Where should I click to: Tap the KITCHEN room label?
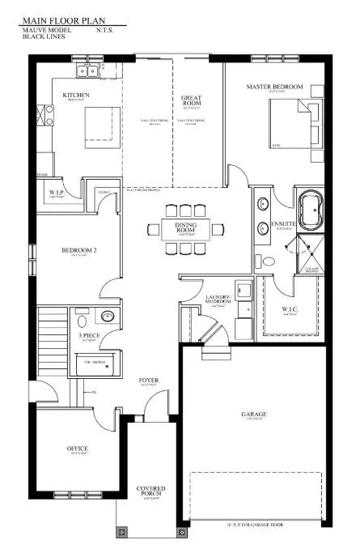(75, 95)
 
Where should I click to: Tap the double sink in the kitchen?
(86, 72)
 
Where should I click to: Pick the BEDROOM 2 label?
(79, 251)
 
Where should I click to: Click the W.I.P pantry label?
(56, 192)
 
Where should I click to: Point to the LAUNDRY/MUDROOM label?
(219, 300)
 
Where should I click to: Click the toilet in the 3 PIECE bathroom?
(107, 317)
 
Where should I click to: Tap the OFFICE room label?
(77, 449)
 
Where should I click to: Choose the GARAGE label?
(253, 415)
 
